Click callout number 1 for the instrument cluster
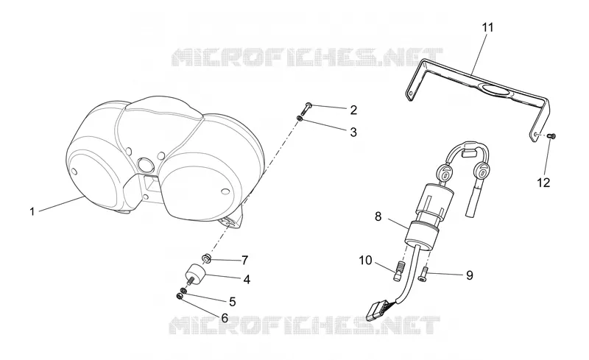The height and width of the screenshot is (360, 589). pos(32,211)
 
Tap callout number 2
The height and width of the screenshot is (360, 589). pos(353,110)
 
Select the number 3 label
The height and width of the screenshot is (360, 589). pos(353,133)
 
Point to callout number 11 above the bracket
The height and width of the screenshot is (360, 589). pos(488,27)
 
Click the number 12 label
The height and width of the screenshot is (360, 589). pos(543,183)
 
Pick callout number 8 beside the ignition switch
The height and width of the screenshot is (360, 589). pos(378,217)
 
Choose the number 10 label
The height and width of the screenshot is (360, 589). pos(365,260)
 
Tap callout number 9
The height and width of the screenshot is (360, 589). pos(470,275)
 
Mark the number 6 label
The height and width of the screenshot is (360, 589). pos(225,318)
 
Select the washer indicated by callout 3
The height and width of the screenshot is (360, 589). pos(300,119)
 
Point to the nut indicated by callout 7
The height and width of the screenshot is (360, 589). pos(206,258)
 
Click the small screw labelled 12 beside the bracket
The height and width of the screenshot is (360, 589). pos(552,135)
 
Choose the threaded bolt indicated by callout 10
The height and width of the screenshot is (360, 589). pos(399,271)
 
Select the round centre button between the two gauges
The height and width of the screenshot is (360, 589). pos(144,165)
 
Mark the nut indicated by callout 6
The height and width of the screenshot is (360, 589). pos(179,297)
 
